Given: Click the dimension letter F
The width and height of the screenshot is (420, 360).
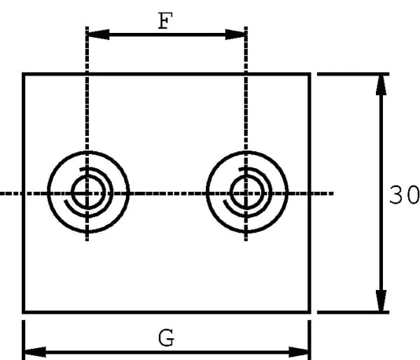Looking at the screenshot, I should click(164, 21).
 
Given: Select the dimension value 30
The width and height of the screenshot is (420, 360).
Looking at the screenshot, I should click(404, 195).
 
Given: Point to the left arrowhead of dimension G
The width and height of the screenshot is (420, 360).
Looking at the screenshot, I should click(32, 349).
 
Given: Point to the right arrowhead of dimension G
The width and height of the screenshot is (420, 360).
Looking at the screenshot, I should click(301, 349).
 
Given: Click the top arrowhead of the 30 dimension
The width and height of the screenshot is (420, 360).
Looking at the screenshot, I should click(381, 83).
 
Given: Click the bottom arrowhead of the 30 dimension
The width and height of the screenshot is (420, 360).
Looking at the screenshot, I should click(381, 303).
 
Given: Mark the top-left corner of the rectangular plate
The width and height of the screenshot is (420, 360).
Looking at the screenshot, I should click(24, 74).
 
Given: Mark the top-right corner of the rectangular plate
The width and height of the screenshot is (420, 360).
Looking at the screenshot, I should click(309, 74).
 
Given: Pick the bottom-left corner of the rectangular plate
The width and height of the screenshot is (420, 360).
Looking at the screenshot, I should click(24, 312).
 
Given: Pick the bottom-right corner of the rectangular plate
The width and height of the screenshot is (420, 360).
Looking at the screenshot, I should click(309, 312).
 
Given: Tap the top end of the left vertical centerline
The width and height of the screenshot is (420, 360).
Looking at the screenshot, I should click(87, 28).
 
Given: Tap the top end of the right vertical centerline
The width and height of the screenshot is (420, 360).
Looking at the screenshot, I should click(246, 28).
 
